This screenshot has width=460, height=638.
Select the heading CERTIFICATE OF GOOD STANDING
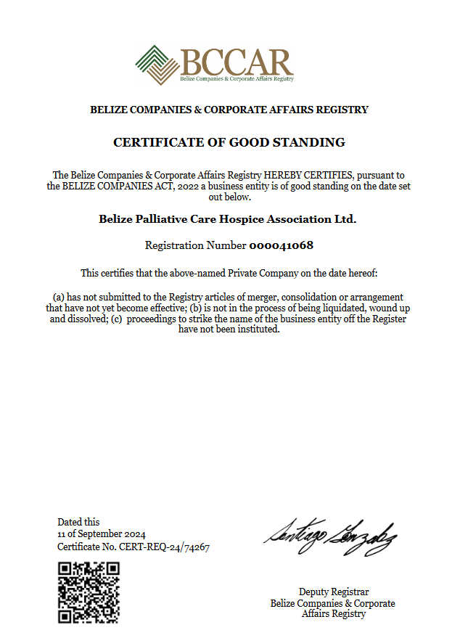[229, 142]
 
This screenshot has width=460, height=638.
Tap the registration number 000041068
[282, 245]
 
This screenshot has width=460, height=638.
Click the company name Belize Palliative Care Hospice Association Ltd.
[228, 218]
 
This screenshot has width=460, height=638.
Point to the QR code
[89, 592]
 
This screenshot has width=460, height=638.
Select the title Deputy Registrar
[334, 592]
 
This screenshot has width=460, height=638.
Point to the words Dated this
[78, 522]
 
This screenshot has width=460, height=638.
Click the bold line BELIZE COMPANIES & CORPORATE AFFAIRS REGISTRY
[229, 110]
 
